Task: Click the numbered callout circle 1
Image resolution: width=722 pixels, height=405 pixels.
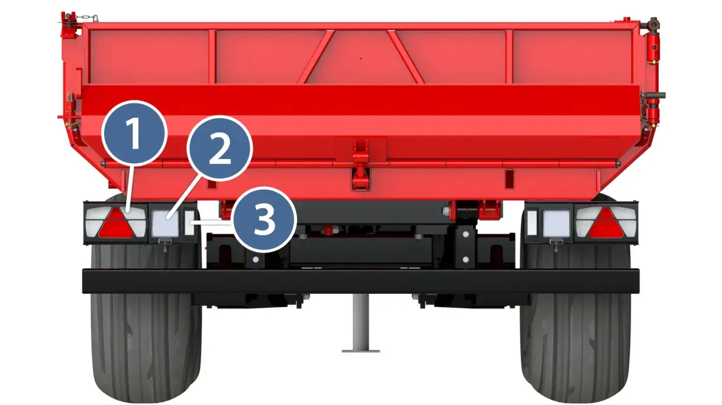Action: [x=134, y=133]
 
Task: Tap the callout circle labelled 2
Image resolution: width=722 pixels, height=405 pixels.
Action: [x=220, y=148]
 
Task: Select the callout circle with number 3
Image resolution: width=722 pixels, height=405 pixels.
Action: [x=264, y=220]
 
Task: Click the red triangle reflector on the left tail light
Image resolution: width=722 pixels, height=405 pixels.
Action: [x=115, y=223]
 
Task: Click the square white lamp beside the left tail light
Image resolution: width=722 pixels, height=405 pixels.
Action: [x=165, y=223]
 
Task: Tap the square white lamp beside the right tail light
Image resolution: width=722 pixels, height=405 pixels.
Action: [x=556, y=223]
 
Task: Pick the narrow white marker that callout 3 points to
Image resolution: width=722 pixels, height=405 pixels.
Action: [x=189, y=223]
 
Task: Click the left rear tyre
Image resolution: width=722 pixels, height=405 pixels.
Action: [x=147, y=322]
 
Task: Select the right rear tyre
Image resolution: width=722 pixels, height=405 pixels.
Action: [x=575, y=322]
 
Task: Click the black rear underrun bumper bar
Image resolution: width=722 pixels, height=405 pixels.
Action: [x=360, y=281]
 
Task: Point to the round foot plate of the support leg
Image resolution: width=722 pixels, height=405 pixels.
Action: [x=360, y=351]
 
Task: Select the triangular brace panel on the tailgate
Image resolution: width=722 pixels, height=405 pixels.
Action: [x=360, y=58]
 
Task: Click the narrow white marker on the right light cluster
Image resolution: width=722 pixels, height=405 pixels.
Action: [x=532, y=223]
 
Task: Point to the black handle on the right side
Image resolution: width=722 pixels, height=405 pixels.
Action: [x=655, y=95]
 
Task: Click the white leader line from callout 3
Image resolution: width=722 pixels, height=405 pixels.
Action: [x=211, y=222]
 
